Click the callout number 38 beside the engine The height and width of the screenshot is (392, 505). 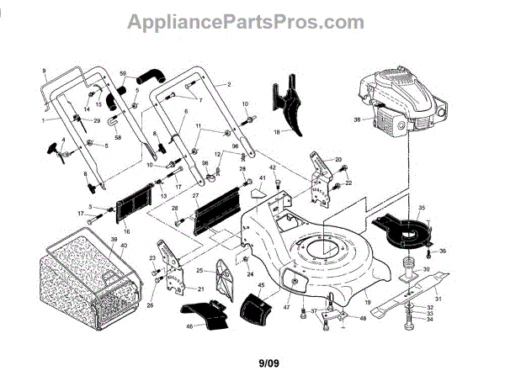[x=357, y=119]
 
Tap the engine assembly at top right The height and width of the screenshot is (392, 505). [x=395, y=105]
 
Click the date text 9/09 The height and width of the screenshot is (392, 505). [x=266, y=363]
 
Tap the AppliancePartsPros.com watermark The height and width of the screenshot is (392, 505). [x=246, y=22]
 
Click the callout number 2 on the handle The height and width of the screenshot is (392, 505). [x=228, y=86]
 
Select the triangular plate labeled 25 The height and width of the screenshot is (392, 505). [x=221, y=278]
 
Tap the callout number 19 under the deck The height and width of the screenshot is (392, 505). [x=368, y=300]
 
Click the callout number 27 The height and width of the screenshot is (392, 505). [x=195, y=196]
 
